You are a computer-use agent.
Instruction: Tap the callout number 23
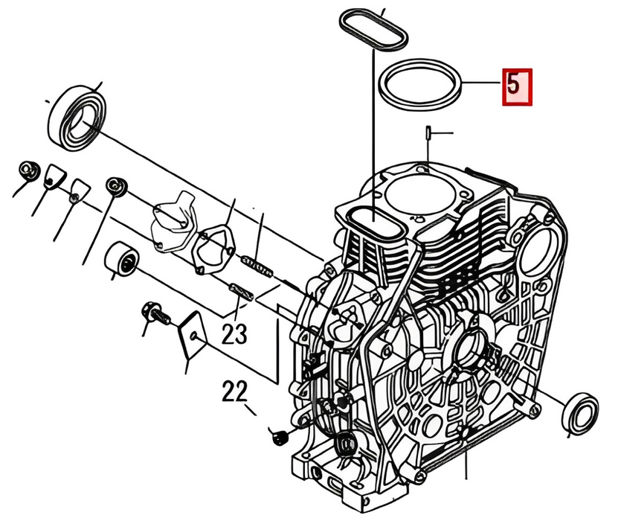[234, 334]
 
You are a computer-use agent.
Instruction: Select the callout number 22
[234, 391]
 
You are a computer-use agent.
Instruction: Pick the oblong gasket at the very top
[373, 30]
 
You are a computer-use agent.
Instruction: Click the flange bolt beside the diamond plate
[155, 313]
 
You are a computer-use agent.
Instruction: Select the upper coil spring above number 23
[257, 266]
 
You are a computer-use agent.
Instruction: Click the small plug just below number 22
[280, 438]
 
